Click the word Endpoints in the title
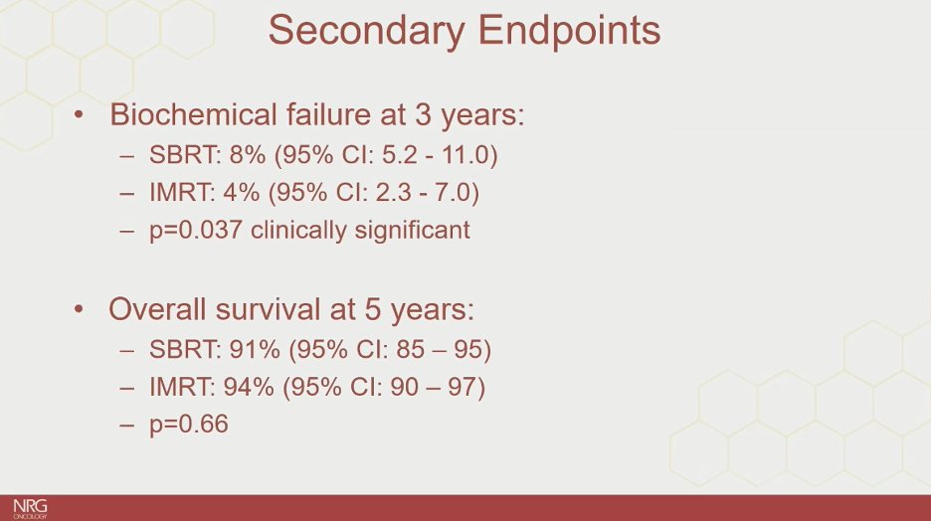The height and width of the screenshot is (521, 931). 569,30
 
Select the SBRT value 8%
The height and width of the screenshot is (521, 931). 247,155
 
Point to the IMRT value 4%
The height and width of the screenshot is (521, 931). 241,192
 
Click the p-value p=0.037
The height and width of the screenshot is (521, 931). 195,231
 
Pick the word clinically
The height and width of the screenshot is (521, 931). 298,231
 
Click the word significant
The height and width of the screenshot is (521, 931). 412,231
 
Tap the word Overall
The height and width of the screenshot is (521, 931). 158,309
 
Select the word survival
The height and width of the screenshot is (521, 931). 268,309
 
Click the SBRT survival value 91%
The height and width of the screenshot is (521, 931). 255,350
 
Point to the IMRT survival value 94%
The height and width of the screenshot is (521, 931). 249,387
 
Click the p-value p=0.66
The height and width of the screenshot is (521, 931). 189,425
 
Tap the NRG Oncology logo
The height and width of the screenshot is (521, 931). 30,509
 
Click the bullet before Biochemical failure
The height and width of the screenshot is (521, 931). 79,114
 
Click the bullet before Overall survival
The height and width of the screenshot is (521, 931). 79,309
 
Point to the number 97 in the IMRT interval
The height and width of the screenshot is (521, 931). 463,387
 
